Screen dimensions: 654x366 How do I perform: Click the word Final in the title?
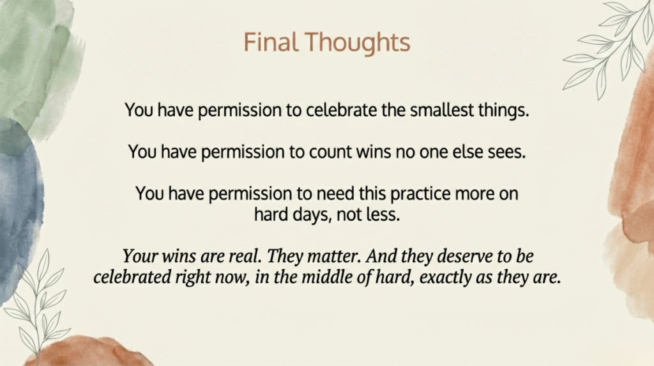tap(271, 42)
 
